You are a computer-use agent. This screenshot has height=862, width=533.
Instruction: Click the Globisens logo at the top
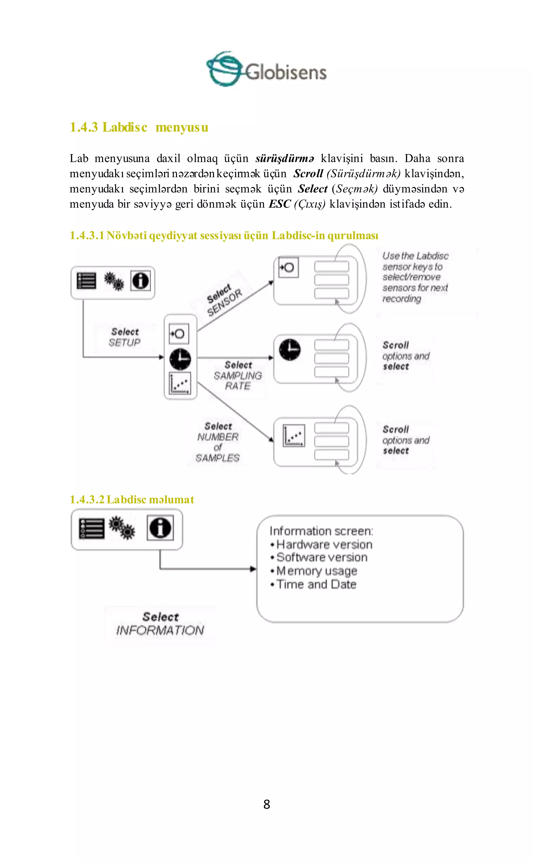click(x=266, y=69)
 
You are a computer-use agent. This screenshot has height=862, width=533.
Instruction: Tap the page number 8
click(x=266, y=804)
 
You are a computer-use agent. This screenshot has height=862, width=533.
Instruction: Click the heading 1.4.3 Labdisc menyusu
click(x=139, y=127)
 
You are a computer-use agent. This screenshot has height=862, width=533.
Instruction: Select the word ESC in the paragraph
click(x=280, y=204)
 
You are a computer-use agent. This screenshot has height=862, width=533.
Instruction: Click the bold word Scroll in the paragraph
click(x=308, y=173)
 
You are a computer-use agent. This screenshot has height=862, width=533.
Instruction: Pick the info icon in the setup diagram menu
click(x=141, y=281)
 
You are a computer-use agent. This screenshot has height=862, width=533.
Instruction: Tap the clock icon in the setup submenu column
click(x=180, y=359)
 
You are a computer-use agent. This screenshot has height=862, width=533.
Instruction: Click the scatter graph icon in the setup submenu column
click(x=180, y=383)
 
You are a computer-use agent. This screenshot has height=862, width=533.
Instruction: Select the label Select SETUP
click(x=125, y=337)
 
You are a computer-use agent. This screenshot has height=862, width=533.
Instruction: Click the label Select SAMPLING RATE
click(x=238, y=375)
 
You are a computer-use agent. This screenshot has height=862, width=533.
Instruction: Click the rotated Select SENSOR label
click(x=224, y=300)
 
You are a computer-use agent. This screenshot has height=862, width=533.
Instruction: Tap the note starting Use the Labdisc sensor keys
click(x=415, y=277)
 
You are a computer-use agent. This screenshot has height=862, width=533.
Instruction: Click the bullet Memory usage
click(x=316, y=571)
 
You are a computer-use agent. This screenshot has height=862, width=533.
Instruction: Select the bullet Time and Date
click(x=316, y=584)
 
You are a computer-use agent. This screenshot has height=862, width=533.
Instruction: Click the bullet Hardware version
click(x=323, y=544)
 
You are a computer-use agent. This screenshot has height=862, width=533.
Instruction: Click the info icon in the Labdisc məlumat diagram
click(x=160, y=528)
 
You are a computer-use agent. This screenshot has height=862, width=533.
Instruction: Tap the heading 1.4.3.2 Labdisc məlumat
click(x=132, y=499)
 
